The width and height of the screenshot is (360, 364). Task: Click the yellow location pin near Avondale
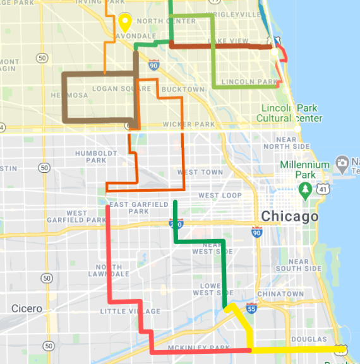click(x=124, y=23)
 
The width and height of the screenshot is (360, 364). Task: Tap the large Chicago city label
click(x=289, y=217)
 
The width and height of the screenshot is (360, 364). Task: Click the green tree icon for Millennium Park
click(x=306, y=189)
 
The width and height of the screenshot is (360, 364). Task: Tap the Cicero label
click(x=27, y=309)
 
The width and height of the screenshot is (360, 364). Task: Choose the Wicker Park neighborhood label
click(x=189, y=124)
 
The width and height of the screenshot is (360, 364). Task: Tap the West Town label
click(x=200, y=172)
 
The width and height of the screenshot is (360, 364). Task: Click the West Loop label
click(x=220, y=196)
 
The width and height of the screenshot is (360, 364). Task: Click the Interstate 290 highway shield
click(x=177, y=223)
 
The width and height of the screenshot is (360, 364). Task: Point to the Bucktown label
click(x=183, y=90)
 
